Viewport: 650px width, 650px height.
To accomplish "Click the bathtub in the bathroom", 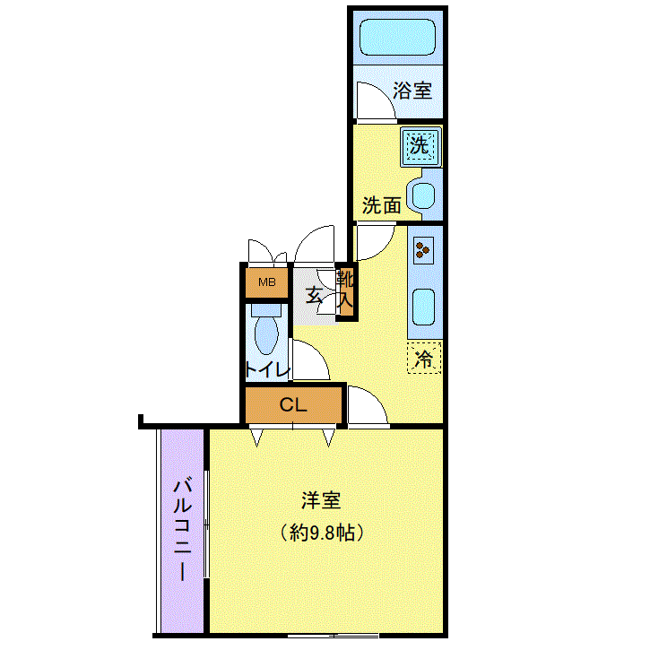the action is pos(397,38).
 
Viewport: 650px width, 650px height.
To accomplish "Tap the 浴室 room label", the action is pos(412,91).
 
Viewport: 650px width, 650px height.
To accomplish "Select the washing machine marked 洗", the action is pos(420,146).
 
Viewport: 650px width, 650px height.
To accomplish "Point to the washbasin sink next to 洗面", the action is pos(423,195).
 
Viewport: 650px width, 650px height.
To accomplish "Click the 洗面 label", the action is pos(382,205).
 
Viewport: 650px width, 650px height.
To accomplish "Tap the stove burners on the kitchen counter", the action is pos(423,250).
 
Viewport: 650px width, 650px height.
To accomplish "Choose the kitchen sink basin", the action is pos(424,308).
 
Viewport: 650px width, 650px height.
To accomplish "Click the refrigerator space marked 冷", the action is pos(424,358).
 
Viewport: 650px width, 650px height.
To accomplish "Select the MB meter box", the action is pos(266,282).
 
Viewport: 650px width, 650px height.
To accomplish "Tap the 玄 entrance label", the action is pos(314,295).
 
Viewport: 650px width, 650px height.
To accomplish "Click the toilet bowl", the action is pos(266,335).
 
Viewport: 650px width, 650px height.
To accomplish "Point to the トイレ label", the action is pos(267,369).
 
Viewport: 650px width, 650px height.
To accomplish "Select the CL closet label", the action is pos(293,404).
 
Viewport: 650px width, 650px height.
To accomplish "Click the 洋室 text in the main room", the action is pos(321,500).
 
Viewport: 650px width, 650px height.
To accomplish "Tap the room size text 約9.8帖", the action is pos(322,533).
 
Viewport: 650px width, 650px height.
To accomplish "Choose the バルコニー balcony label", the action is pos(182,530).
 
